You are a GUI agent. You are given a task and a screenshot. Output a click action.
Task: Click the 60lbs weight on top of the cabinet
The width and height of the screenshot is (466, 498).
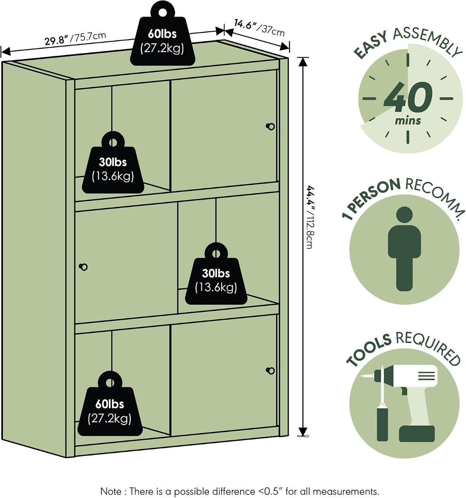[163, 38]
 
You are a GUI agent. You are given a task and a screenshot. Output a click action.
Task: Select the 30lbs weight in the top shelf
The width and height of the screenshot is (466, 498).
[113, 165]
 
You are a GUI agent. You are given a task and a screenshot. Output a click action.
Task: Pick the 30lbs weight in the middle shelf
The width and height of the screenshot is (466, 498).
[216, 277]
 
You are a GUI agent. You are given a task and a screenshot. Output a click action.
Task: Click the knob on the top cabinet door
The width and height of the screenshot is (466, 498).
[271, 127]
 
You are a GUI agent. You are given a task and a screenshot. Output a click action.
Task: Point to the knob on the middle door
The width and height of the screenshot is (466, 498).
[83, 267]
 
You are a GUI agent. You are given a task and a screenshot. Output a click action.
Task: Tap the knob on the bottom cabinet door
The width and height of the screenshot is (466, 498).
[271, 371]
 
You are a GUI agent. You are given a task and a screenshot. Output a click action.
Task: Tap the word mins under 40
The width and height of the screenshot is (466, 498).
[408, 121]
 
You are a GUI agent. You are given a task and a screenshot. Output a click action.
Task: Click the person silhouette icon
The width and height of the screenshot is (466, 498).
[404, 248]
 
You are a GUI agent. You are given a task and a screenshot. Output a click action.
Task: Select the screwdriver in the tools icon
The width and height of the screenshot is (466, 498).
[382, 404]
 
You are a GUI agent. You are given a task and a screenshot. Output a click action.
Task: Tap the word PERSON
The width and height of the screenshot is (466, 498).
[376, 194]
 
